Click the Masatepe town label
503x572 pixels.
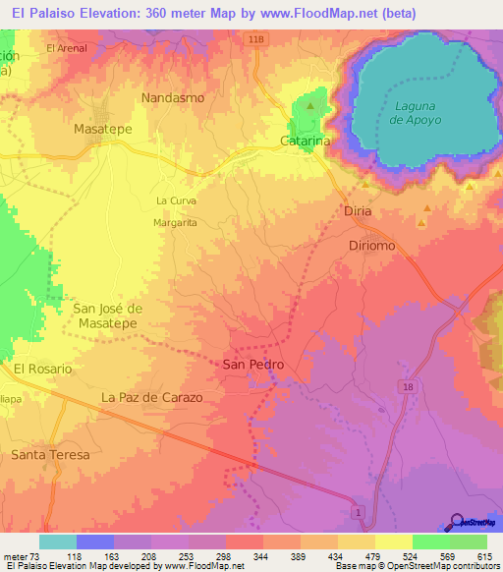click(104, 129)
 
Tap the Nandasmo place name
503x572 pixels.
click(172, 98)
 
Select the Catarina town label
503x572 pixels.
click(305, 142)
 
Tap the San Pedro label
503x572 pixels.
click(253, 365)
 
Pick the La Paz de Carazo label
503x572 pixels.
click(151, 398)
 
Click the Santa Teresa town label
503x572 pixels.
click(50, 455)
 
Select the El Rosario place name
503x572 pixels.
click(42, 369)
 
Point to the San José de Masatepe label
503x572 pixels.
click(108, 315)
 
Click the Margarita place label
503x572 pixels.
click(176, 223)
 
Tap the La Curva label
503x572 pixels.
click(177, 200)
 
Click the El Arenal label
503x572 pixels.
click(67, 47)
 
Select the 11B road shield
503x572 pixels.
click(255, 38)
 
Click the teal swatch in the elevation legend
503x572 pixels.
click(58, 542)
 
